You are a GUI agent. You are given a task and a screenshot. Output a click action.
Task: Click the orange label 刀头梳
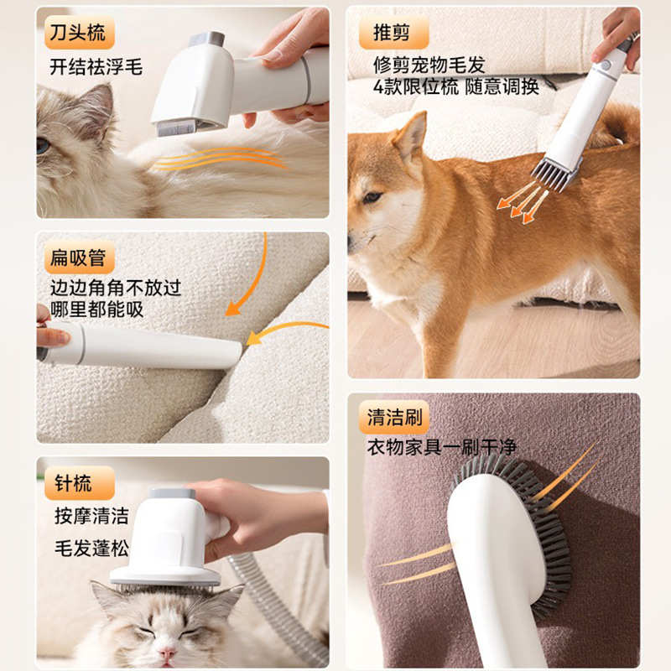pyautogui.click(x=79, y=32)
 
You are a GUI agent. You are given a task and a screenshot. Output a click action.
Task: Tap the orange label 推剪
pyautogui.click(x=393, y=33)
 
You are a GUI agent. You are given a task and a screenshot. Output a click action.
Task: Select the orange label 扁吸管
pyautogui.click(x=79, y=257)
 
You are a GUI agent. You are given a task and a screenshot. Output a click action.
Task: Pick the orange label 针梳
pyautogui.click(x=79, y=483)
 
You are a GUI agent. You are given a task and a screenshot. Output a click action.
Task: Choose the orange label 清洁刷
pyautogui.click(x=393, y=417)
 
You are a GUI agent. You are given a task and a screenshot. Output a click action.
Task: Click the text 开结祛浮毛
pyautogui.click(x=96, y=67)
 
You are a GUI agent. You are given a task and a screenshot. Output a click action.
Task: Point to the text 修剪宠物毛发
pyautogui.click(x=429, y=65)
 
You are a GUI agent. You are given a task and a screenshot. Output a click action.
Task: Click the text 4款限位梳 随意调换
pyautogui.click(x=455, y=87)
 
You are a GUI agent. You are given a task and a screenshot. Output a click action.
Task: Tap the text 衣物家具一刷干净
pyautogui.click(x=442, y=448)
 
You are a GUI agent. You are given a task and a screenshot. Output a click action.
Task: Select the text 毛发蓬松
pyautogui.click(x=91, y=549)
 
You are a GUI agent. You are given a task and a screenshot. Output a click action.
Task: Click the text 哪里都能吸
pyautogui.click(x=96, y=309)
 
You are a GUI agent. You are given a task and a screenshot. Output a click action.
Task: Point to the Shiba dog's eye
pyautogui.click(x=372, y=197)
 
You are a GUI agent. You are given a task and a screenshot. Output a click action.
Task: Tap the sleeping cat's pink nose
pyautogui.click(x=167, y=653)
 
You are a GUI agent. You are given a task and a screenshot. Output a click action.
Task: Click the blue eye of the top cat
pyautogui.click(x=43, y=146)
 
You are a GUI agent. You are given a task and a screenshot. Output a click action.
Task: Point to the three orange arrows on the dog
pyautogui.click(x=522, y=202)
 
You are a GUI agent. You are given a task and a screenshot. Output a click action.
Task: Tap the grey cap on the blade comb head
pyautogui.click(x=206, y=39)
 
